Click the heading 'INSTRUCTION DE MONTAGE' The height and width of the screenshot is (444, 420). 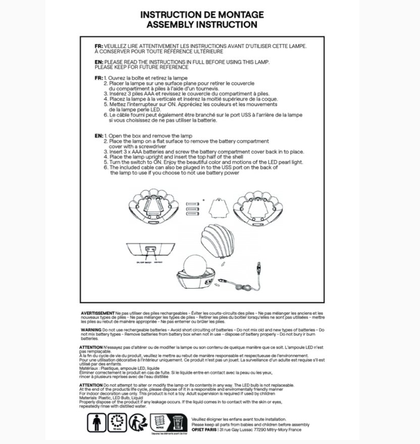click(x=202, y=15)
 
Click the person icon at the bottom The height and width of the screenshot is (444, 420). click(x=96, y=423)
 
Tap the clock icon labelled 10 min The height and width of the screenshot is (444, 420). click(x=118, y=423)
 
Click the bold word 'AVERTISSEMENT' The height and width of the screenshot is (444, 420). click(x=97, y=313)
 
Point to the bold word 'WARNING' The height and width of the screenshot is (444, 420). click(x=91, y=329)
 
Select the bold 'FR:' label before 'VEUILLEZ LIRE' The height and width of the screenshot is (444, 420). click(x=98, y=46)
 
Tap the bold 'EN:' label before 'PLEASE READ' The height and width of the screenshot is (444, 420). click(x=98, y=62)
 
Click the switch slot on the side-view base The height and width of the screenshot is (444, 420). click(x=150, y=248)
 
